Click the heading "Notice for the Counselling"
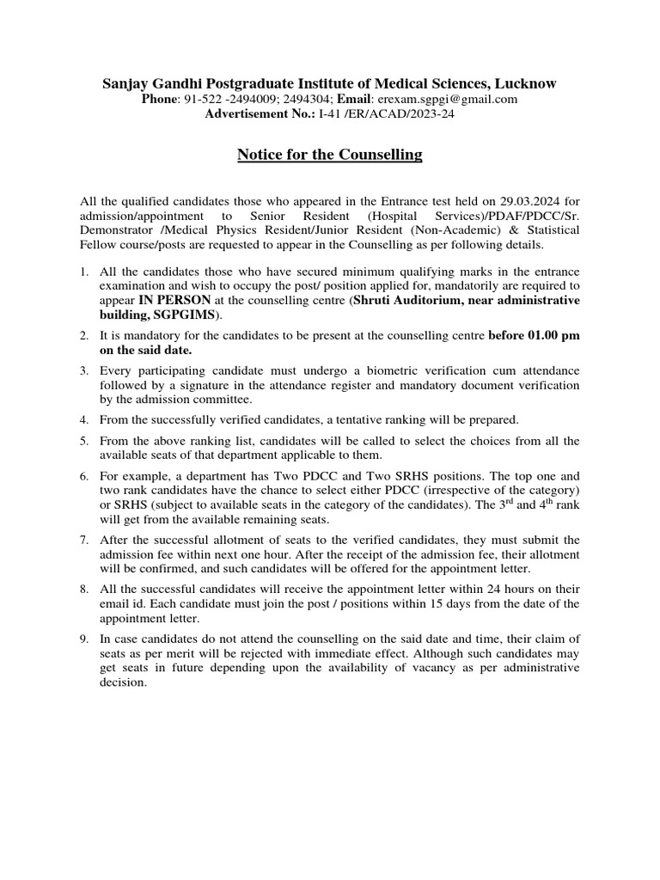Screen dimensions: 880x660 click(330, 156)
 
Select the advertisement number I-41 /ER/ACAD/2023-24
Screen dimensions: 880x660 click(386, 114)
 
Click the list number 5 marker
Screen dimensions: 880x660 click(84, 441)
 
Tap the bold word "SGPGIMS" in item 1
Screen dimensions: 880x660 click(178, 315)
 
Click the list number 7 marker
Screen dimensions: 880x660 click(84, 540)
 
